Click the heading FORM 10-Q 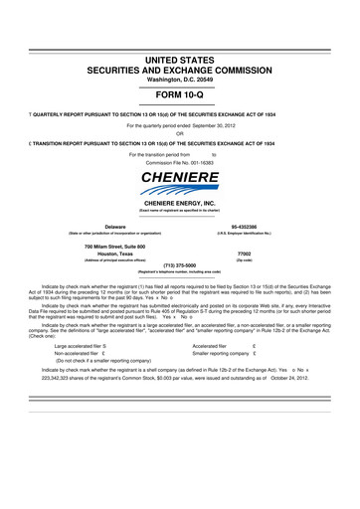click(x=179, y=94)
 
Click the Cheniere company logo click(x=179, y=183)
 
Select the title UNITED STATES click(x=179, y=61)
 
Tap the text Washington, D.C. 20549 click(x=179, y=83)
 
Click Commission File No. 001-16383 click(x=179, y=162)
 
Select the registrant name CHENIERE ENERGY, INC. click(x=179, y=202)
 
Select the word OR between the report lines click(x=179, y=134)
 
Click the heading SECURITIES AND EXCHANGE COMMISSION click(x=179, y=72)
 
